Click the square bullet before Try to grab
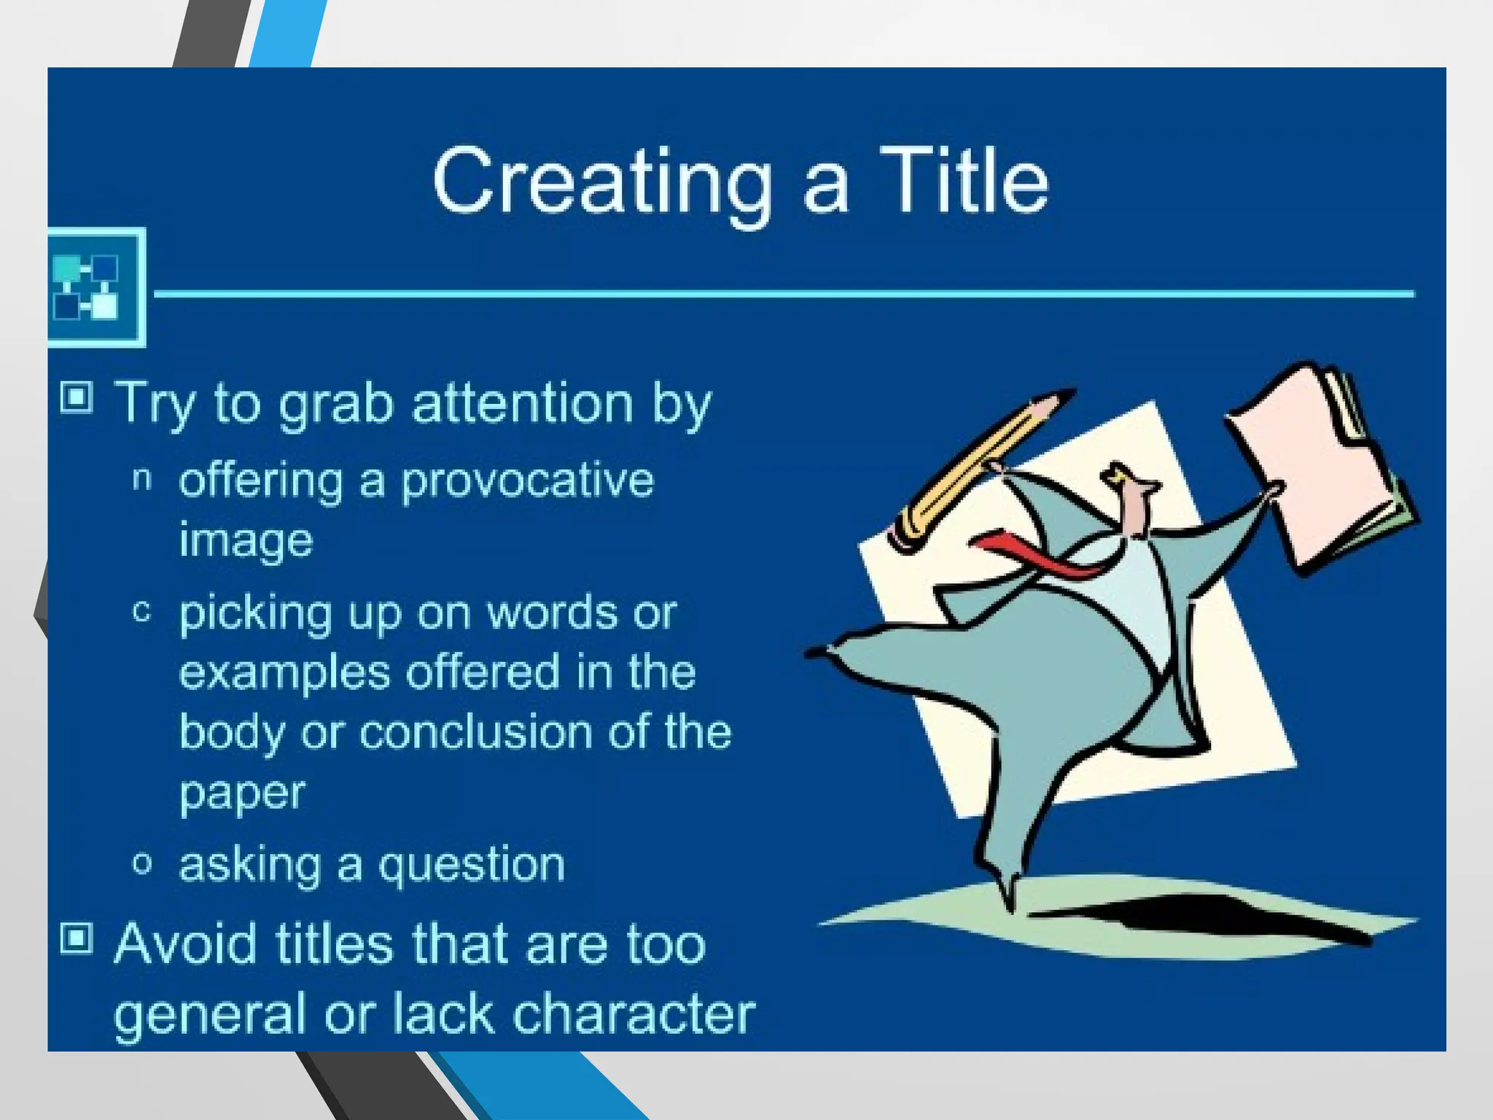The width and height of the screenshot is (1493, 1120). click(77, 398)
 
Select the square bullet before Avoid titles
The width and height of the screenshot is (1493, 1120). click(77, 938)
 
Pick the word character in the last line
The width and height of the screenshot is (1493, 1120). click(634, 1014)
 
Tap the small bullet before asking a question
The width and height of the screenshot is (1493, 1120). click(142, 864)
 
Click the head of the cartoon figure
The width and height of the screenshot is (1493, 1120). click(1134, 503)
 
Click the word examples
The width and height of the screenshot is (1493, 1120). click(284, 672)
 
